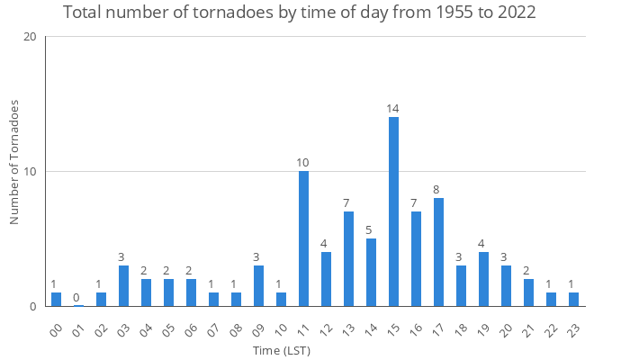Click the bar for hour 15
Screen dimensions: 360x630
(393, 211)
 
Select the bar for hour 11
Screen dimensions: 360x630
(303, 238)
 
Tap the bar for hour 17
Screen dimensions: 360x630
(438, 252)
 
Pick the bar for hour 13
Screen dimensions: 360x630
(348, 259)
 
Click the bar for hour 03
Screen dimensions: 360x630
(123, 286)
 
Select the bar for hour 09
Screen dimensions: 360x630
(258, 286)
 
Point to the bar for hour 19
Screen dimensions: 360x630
(483, 279)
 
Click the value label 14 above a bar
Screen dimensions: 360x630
(393, 109)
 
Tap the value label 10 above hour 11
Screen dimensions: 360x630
(303, 163)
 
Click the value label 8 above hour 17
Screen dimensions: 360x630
(438, 190)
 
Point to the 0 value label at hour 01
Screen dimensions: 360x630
(78, 298)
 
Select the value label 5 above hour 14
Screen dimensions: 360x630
(371, 230)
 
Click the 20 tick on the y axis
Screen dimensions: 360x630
(31, 37)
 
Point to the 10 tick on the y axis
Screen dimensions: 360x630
(31, 172)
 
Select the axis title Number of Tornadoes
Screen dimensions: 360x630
(14, 162)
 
